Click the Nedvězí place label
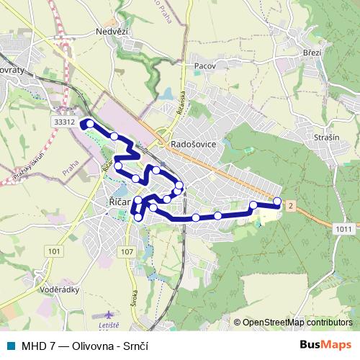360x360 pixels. coord(112,32)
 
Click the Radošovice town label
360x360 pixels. coord(194,144)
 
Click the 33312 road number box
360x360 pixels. coord(64,122)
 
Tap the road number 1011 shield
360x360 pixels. coord(343,228)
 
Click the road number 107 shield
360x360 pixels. coord(127,251)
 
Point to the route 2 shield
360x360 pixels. coord(290,206)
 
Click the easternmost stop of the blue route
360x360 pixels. coord(278,201)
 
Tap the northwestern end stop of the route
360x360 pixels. coord(90,124)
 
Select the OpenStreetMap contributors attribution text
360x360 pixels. coord(297,322)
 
